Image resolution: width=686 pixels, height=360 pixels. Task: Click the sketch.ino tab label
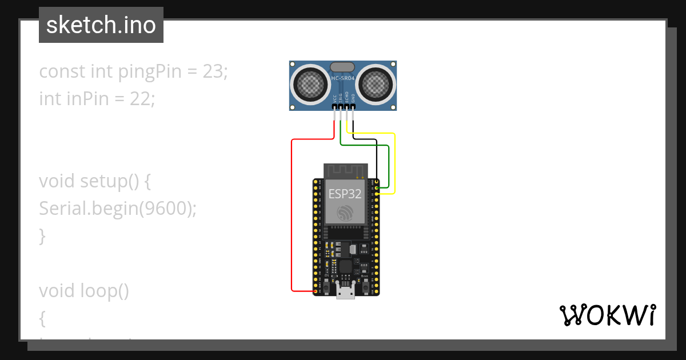tap(101, 25)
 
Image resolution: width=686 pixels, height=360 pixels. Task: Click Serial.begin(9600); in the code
tap(117, 209)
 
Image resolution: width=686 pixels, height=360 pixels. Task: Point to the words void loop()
tap(83, 291)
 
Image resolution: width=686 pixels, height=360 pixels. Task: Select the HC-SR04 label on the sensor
tap(344, 77)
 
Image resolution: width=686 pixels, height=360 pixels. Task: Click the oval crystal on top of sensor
tap(342, 67)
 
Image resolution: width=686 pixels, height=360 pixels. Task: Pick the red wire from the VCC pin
tap(292, 217)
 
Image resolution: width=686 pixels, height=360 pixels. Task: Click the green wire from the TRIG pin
tap(366, 145)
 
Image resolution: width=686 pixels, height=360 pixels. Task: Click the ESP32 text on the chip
tap(344, 193)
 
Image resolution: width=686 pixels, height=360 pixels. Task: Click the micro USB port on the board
tap(345, 292)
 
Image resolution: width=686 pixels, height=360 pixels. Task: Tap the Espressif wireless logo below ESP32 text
tap(345, 213)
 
